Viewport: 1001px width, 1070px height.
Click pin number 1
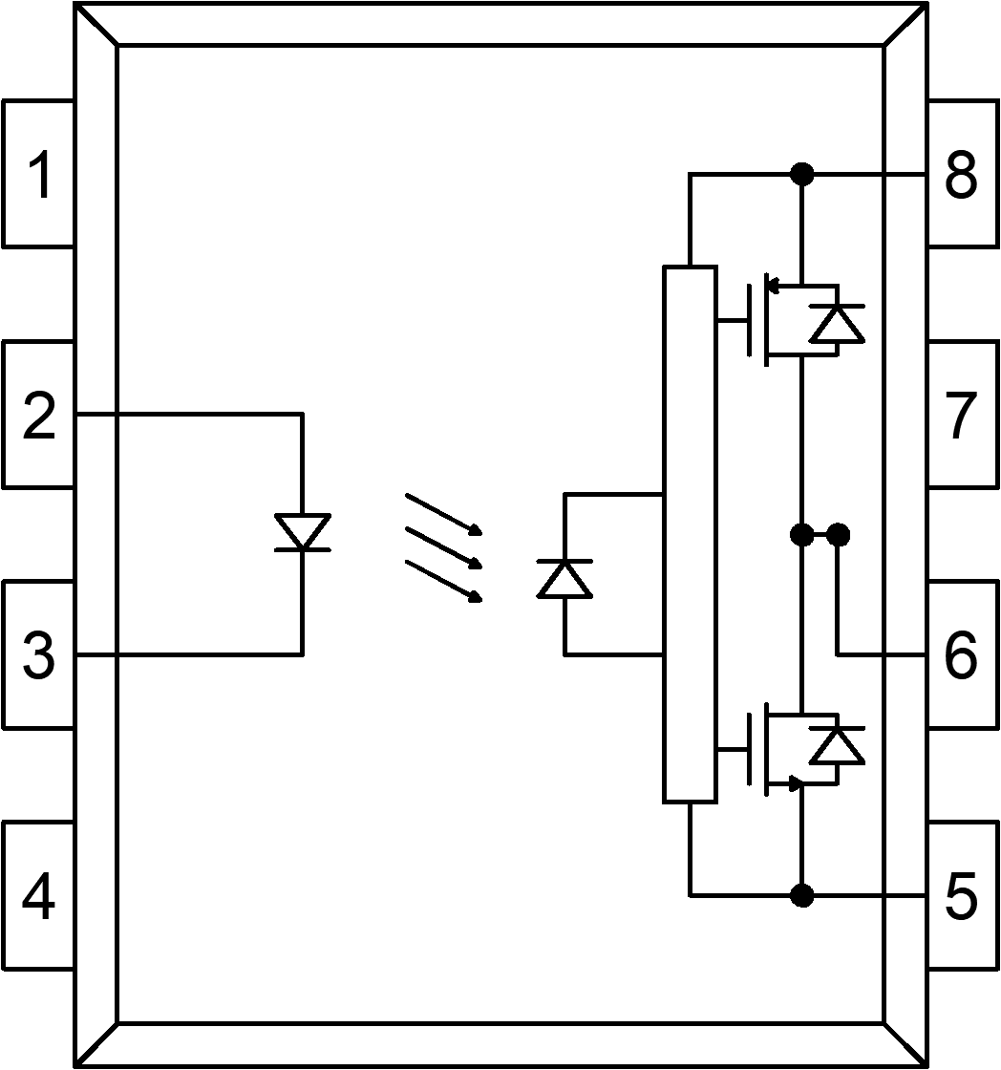38,175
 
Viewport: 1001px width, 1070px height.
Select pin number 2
38,417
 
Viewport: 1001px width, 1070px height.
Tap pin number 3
38,656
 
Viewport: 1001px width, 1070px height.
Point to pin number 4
38,897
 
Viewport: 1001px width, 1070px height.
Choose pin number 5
961,897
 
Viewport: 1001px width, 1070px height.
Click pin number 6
961,656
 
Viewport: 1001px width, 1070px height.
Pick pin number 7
961,417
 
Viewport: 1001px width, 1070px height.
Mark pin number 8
961,175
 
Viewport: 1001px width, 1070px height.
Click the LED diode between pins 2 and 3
302,532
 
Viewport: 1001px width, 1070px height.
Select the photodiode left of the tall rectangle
564,578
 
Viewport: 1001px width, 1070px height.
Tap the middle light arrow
443,546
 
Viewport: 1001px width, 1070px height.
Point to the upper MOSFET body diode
837,323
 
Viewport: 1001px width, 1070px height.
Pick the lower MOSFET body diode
837,745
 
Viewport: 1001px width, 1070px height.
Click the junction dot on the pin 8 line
802,174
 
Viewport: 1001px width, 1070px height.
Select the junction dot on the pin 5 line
802,895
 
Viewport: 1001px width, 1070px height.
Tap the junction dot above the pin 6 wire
838,535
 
